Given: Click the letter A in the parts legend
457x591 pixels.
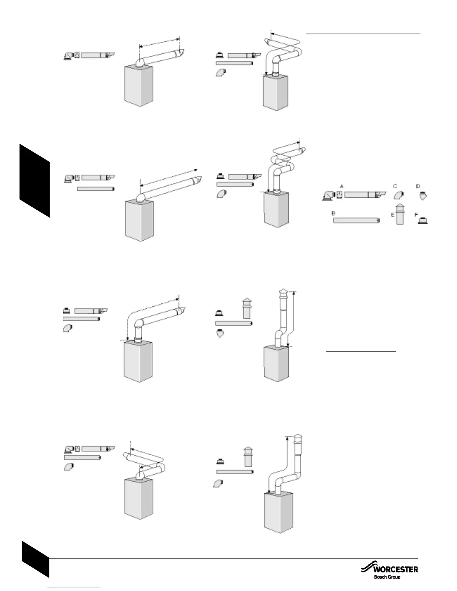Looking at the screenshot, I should [341, 186].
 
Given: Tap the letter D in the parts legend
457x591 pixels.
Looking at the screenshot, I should [418, 186].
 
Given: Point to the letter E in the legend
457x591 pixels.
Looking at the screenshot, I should [393, 215].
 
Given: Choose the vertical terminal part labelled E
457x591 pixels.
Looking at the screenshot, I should [400, 215].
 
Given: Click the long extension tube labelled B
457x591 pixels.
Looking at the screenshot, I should [356, 221].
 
